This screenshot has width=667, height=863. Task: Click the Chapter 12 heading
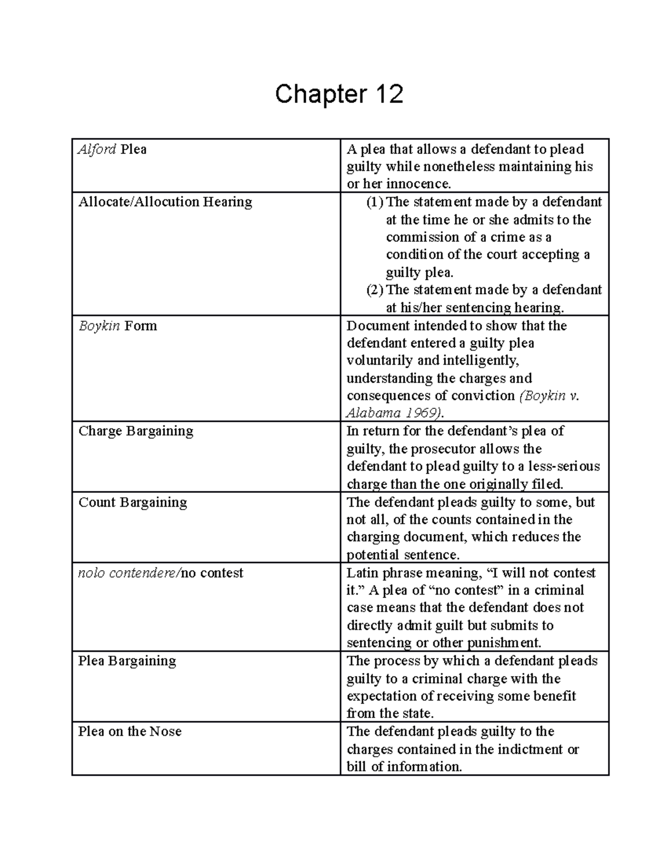point(339,94)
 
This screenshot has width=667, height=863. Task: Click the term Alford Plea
point(112,149)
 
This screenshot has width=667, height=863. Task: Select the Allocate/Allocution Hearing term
point(165,202)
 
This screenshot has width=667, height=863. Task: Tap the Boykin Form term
point(117,326)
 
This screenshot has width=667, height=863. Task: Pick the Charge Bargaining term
point(136,431)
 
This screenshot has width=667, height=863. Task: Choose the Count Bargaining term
point(132,502)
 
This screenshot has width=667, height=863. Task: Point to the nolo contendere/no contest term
point(161,573)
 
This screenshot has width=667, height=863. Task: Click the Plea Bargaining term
point(127,661)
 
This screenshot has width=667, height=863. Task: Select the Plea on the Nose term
point(130,731)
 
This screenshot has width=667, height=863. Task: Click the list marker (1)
point(375,202)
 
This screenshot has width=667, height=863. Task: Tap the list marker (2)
point(375,290)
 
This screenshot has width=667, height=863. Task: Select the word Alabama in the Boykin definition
point(366,413)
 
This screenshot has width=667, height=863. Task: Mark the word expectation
point(380,696)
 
